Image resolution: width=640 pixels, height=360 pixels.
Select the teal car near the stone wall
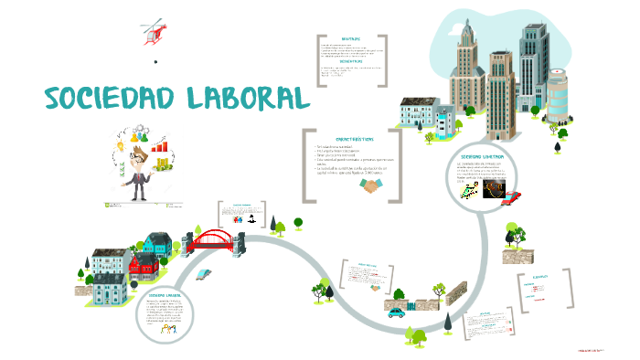pyautogui.click(x=396, y=312)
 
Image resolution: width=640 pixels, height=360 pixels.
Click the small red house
pyautogui.click(x=143, y=265)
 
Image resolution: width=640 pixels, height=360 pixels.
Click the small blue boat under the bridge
pyautogui.click(x=206, y=271)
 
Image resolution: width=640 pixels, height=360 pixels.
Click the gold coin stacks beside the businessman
pyautogui.click(x=164, y=164)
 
